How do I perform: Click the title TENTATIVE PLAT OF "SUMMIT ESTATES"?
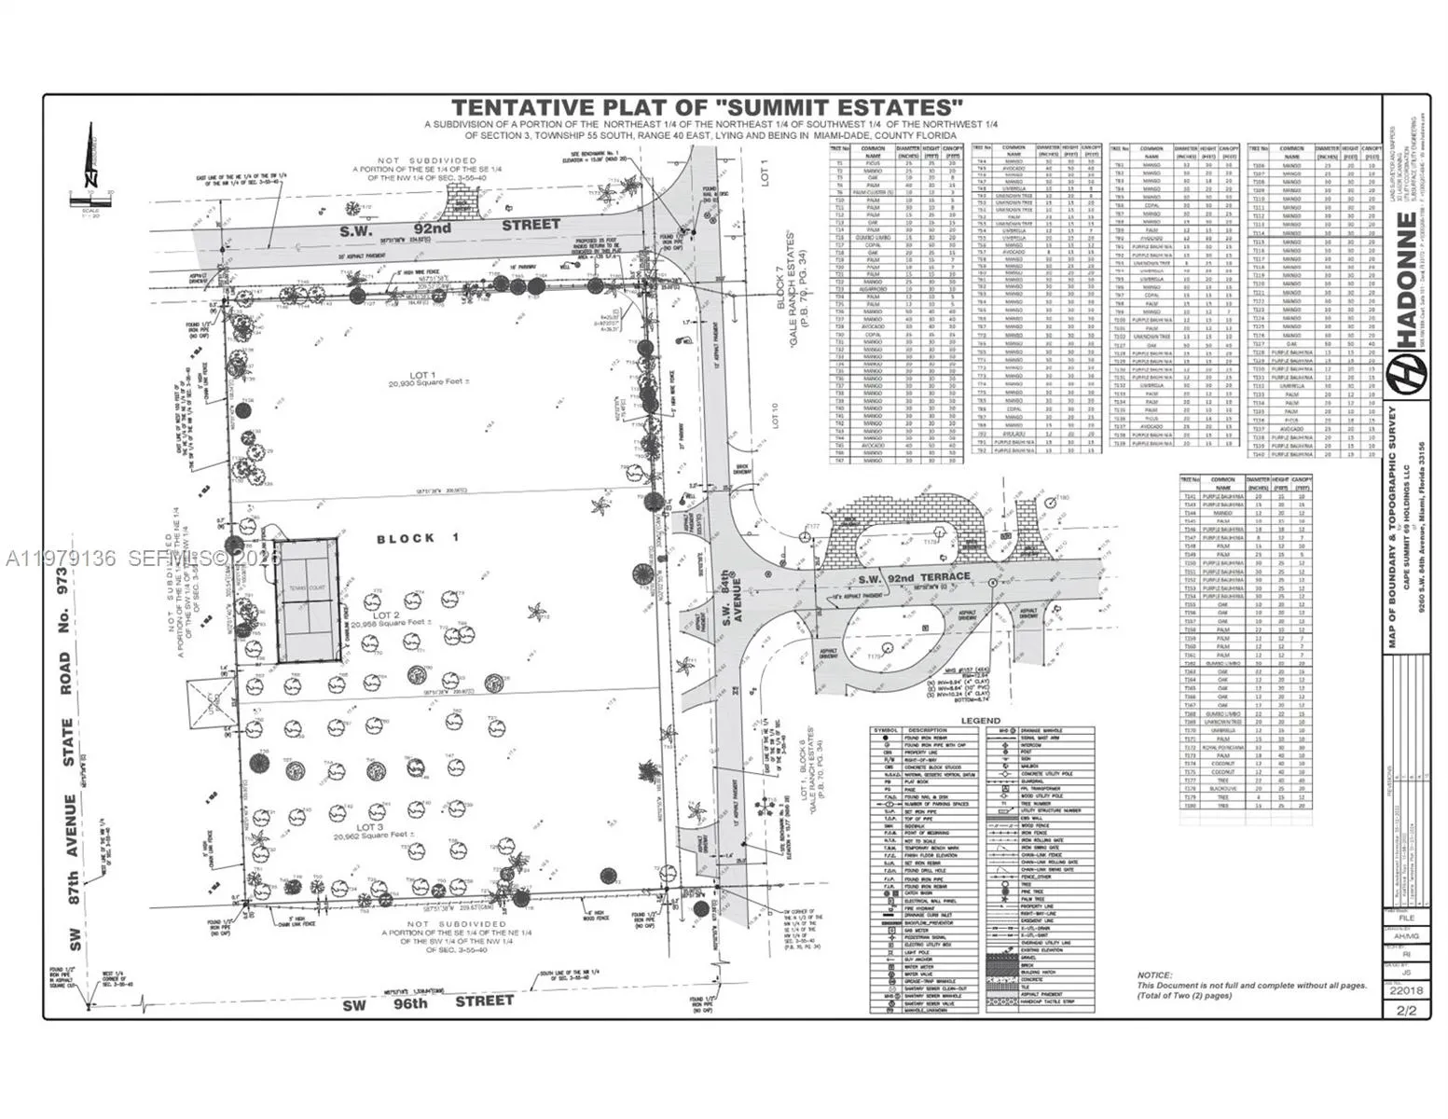click(x=708, y=107)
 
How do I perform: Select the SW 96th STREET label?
click(x=428, y=1002)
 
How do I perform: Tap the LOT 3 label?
click(x=370, y=827)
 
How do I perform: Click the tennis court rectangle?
click(x=307, y=600)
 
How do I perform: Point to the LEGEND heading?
click(x=980, y=721)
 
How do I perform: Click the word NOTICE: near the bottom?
click(x=1155, y=974)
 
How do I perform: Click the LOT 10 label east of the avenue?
click(x=775, y=416)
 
